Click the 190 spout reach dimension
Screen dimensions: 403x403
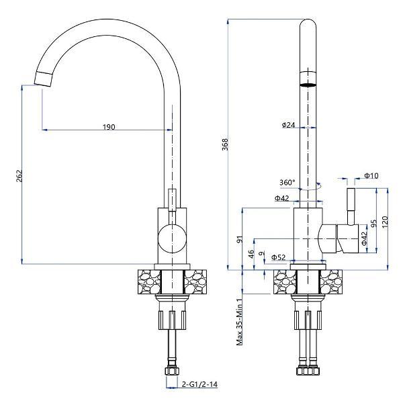point(109,127)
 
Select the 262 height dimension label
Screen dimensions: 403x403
point(19,176)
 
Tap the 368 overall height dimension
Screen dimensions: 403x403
point(225,144)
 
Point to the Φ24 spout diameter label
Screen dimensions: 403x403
point(288,125)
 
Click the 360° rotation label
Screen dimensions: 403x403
point(287,183)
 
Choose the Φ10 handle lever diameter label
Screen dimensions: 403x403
point(371,175)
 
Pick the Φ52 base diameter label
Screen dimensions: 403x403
point(278,257)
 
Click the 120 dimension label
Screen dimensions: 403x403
point(385,222)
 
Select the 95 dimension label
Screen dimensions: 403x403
point(374,223)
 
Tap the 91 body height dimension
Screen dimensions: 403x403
point(240,240)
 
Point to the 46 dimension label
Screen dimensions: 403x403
point(251,254)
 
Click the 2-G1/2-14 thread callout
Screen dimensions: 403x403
point(199,384)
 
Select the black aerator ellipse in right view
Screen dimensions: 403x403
point(308,85)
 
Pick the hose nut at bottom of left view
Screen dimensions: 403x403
point(172,371)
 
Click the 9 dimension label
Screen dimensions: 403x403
point(261,253)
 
